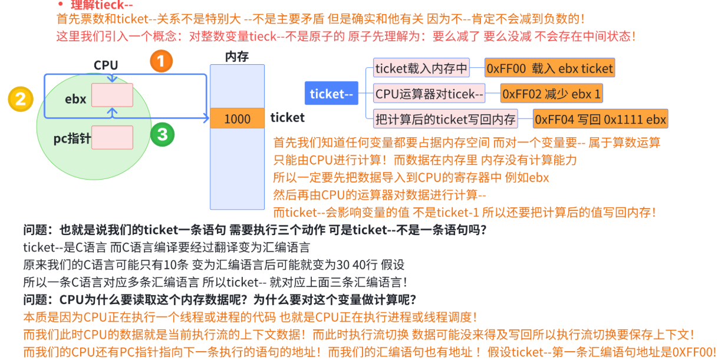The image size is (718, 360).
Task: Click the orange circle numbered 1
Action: click(161, 61)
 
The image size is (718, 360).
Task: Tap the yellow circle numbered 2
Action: click(20, 98)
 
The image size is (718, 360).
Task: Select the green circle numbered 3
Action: click(162, 135)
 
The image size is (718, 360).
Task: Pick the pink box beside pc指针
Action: click(112, 137)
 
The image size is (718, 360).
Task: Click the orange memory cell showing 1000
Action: click(237, 118)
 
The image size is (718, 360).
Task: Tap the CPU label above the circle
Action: click(106, 65)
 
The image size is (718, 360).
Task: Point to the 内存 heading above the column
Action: click(237, 57)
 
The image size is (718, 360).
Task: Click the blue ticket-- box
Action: click(331, 94)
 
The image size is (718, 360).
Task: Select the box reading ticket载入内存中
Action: click(421, 68)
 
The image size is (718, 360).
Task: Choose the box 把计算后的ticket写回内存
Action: click(445, 120)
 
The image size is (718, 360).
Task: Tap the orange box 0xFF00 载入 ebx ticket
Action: click(549, 68)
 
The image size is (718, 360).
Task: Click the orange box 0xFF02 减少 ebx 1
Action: click(551, 94)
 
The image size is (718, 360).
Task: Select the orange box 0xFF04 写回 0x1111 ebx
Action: click(600, 120)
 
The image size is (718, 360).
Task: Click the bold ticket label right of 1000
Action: click(287, 118)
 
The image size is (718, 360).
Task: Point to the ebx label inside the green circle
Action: click(75, 99)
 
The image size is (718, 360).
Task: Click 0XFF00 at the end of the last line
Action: click(693, 352)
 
